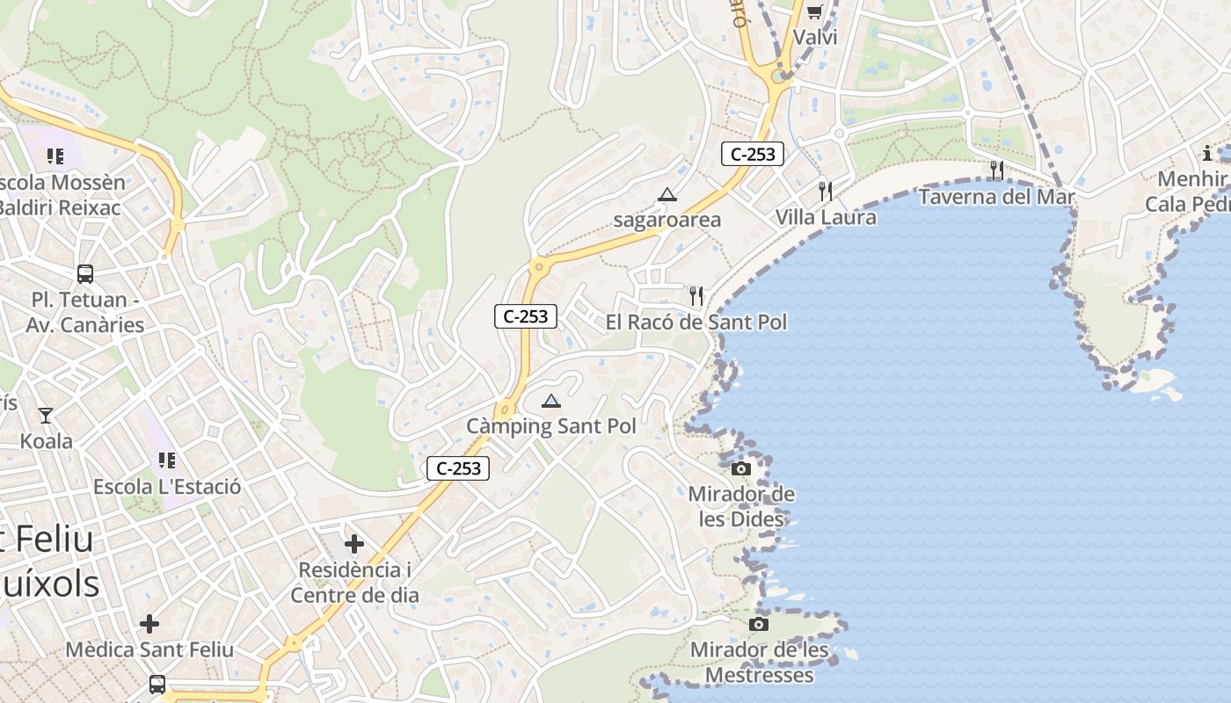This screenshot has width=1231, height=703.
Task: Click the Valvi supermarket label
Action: pyautogui.click(x=814, y=38)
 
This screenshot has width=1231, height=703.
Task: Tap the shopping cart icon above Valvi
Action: pyautogui.click(x=814, y=11)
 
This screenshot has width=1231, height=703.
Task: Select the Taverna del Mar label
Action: pyautogui.click(x=996, y=196)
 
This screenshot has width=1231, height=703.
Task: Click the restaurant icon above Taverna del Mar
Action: pyautogui.click(x=996, y=169)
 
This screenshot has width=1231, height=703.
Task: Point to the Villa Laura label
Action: pyautogui.click(x=825, y=217)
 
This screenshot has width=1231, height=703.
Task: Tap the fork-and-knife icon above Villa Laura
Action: pyautogui.click(x=825, y=190)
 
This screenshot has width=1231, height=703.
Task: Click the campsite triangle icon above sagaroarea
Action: pyautogui.click(x=667, y=194)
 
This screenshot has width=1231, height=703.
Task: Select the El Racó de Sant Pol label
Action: pyautogui.click(x=696, y=323)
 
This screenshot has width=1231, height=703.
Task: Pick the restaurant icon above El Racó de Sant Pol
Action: pyautogui.click(x=696, y=295)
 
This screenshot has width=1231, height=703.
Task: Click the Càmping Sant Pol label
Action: pyautogui.click(x=550, y=427)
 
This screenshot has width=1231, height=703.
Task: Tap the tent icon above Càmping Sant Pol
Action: pyautogui.click(x=551, y=402)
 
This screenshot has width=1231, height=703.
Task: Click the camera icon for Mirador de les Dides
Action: pyautogui.click(x=741, y=468)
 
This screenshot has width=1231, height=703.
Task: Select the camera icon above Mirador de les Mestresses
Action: pyautogui.click(x=759, y=624)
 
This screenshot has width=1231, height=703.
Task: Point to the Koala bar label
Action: pyautogui.click(x=46, y=441)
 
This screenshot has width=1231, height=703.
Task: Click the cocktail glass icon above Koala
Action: pyautogui.click(x=46, y=415)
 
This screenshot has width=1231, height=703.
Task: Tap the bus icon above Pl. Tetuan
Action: pyautogui.click(x=85, y=273)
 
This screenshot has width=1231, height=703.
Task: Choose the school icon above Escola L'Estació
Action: pyautogui.click(x=167, y=460)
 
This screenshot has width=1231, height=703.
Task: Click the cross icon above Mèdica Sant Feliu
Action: pyautogui.click(x=149, y=624)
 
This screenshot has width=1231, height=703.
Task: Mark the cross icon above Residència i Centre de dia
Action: pyautogui.click(x=354, y=544)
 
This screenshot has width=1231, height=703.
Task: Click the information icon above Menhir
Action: pyautogui.click(x=1207, y=153)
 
